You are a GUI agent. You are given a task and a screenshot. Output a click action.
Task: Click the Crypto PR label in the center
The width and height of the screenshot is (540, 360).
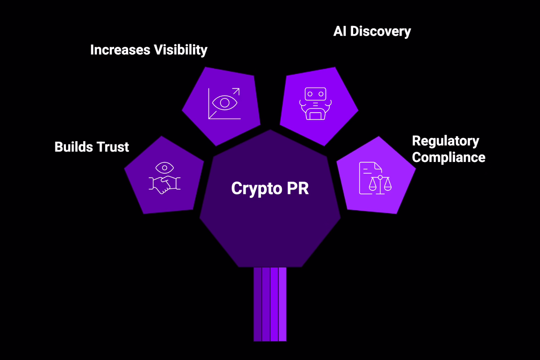(x=270, y=189)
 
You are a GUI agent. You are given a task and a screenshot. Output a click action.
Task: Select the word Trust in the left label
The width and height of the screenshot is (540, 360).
(x=112, y=147)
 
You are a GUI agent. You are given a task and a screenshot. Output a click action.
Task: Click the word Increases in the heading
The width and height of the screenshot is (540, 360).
(x=120, y=50)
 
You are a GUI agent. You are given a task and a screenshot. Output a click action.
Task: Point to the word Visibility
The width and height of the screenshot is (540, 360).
(x=180, y=50)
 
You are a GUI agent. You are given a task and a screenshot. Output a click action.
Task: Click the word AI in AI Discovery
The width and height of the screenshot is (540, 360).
(x=340, y=31)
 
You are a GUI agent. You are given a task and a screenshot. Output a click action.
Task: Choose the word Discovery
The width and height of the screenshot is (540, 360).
(x=381, y=31)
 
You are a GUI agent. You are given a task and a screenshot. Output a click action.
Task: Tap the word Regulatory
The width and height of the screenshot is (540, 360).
(x=445, y=141)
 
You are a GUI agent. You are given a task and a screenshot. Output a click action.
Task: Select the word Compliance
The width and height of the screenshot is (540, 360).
(x=449, y=157)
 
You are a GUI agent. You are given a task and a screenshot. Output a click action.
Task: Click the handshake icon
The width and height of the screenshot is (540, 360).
(x=165, y=184)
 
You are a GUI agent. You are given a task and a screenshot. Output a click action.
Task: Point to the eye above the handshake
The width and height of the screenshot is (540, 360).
(x=165, y=168)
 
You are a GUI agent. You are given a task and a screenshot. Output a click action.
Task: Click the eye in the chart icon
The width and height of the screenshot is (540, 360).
(x=225, y=103)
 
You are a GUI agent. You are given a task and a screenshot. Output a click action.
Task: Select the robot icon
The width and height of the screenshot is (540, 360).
(x=315, y=104)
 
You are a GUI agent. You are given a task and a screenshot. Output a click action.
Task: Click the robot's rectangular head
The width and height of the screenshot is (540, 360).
(x=315, y=94)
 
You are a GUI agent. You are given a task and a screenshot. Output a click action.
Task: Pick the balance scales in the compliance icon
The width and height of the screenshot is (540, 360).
(x=380, y=184)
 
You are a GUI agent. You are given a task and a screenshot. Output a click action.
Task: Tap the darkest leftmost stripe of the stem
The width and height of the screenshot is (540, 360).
(x=257, y=304)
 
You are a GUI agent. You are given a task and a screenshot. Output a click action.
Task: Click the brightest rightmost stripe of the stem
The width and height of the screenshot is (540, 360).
(x=283, y=304)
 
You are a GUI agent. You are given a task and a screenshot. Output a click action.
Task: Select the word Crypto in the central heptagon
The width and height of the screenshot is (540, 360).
(x=256, y=189)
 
